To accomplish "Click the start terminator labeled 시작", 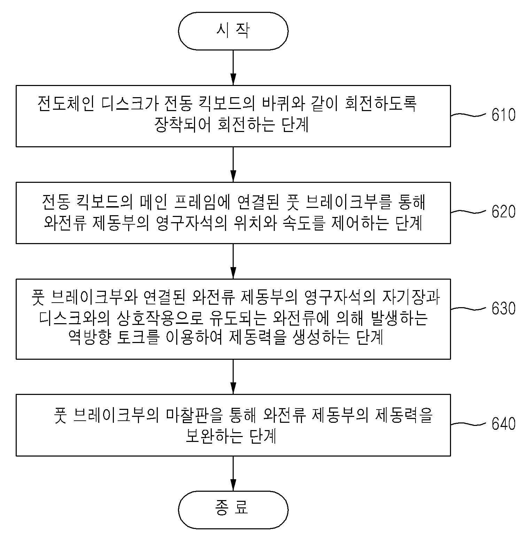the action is pyautogui.click(x=233, y=31).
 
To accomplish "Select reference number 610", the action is pyautogui.click(x=503, y=115).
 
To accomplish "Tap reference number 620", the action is pyautogui.click(x=503, y=211).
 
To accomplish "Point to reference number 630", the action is pyautogui.click(x=503, y=308).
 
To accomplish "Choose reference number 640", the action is pyautogui.click(x=503, y=423).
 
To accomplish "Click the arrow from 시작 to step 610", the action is pyautogui.click(x=233, y=68).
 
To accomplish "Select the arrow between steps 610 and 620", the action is pyautogui.click(x=233, y=164).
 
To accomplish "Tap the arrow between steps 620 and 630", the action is pyautogui.click(x=233, y=261).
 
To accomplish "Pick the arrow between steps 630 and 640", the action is pyautogui.click(x=233, y=376).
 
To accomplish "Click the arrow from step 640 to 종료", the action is pyautogui.click(x=233, y=474).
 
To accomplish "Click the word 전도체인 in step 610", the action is pyautogui.click(x=65, y=103).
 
